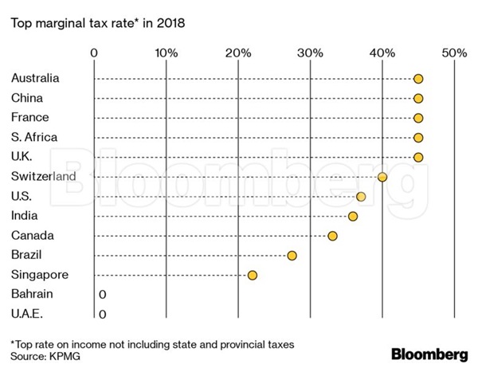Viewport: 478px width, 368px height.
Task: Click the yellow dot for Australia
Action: tap(418, 79)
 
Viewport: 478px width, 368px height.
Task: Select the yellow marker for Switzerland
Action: tap(382, 177)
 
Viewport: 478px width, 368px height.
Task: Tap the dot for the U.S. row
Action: tap(361, 196)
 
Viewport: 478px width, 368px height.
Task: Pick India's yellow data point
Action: tap(353, 216)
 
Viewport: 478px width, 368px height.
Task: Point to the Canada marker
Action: tap(332, 236)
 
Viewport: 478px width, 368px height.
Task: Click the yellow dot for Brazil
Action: tap(292, 255)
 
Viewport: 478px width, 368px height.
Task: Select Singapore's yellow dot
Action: tap(253, 275)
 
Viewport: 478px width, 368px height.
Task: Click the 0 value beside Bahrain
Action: tap(102, 295)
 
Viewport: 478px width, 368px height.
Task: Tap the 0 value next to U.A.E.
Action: tap(102, 314)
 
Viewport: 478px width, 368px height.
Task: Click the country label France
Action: tap(30, 118)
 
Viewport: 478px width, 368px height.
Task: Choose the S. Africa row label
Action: tap(34, 137)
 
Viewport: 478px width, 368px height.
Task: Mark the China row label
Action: tap(27, 98)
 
